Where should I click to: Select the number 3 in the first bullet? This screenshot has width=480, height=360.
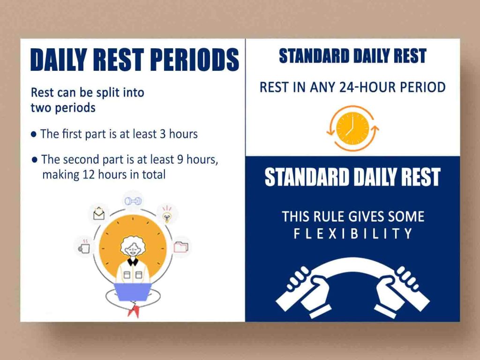point(163,134)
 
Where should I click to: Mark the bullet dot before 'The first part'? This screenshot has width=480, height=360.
point(34,135)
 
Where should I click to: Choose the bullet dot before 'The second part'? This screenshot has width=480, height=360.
point(34,160)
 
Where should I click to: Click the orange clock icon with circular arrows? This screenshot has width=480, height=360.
point(352,128)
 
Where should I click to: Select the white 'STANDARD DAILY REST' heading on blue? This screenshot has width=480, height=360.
point(352,177)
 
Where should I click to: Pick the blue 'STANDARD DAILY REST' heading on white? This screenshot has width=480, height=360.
point(352,56)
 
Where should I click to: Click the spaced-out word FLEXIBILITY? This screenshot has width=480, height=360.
point(352,233)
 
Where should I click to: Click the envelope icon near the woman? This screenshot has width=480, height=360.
point(99,214)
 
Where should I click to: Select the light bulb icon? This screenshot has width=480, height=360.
point(166,215)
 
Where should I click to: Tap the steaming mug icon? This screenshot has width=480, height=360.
point(84,247)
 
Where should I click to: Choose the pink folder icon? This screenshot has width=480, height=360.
point(180,246)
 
